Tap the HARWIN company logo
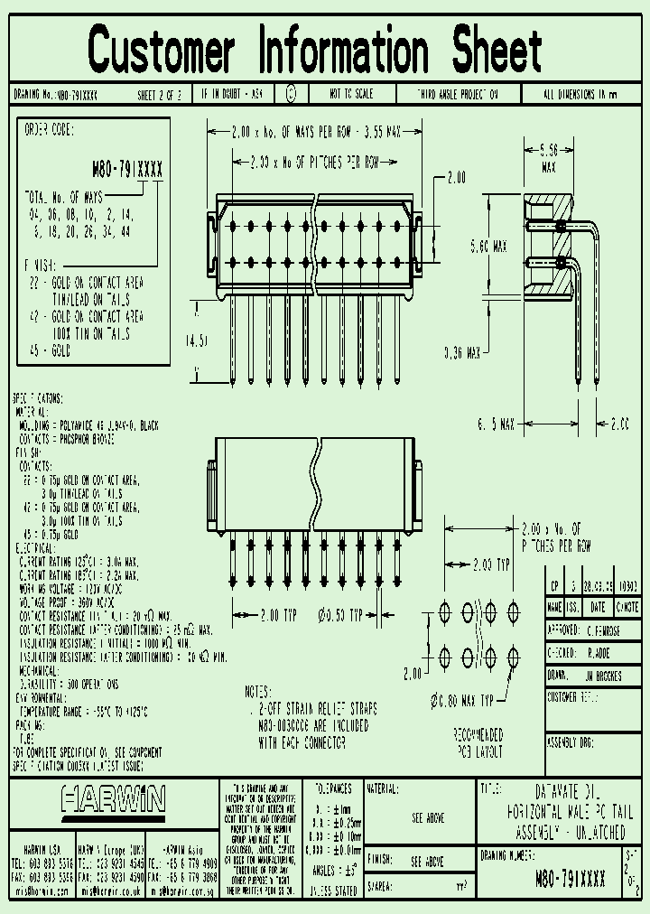[114, 800]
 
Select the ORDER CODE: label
[49, 129]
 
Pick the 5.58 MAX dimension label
[548, 159]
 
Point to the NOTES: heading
[262, 692]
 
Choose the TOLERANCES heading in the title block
[331, 788]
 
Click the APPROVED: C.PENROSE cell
[595, 630]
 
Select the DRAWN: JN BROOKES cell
[595, 676]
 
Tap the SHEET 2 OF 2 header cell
[159, 94]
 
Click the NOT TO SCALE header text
[351, 94]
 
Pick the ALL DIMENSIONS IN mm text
[580, 94]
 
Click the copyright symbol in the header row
[290, 93]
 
